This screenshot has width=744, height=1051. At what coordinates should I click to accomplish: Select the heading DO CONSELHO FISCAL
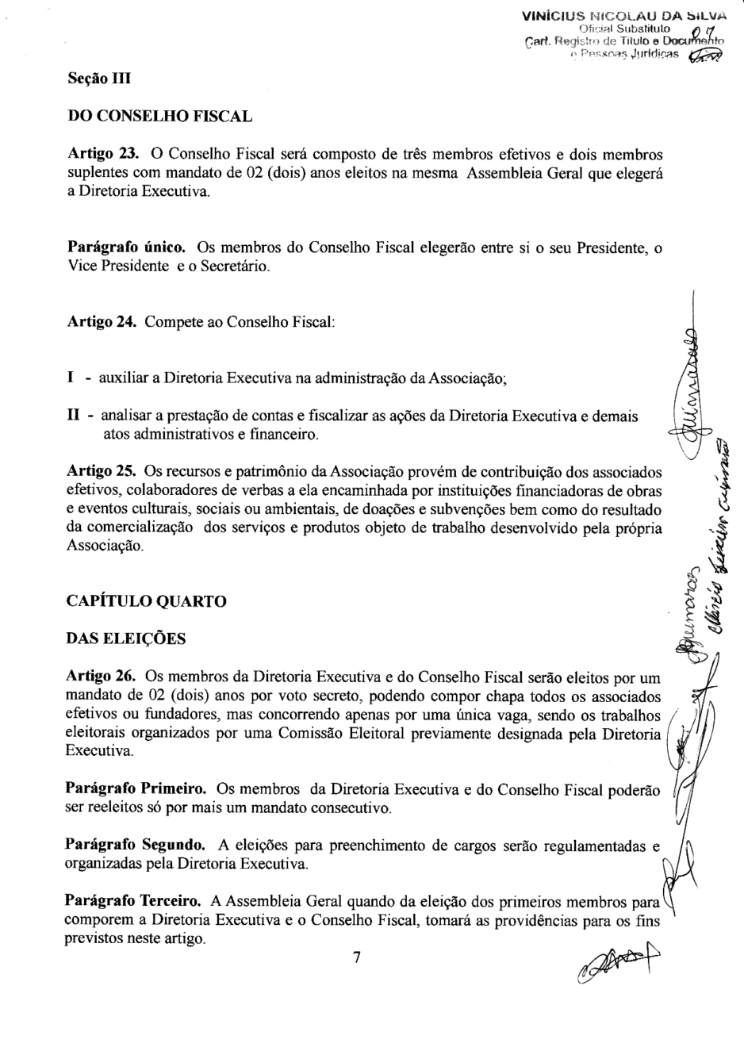coord(159,117)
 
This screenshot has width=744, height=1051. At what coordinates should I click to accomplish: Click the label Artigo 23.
coord(104,154)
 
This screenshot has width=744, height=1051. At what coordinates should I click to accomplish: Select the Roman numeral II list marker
coord(73,416)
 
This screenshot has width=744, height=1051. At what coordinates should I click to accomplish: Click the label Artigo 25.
coord(104,472)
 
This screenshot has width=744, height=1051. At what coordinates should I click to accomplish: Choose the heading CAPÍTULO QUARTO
coord(147,601)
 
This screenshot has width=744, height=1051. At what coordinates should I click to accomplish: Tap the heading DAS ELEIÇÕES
coord(126,639)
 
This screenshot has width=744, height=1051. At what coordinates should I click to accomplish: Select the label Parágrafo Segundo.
coord(135,846)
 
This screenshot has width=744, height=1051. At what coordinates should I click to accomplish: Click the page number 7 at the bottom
coord(358,957)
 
